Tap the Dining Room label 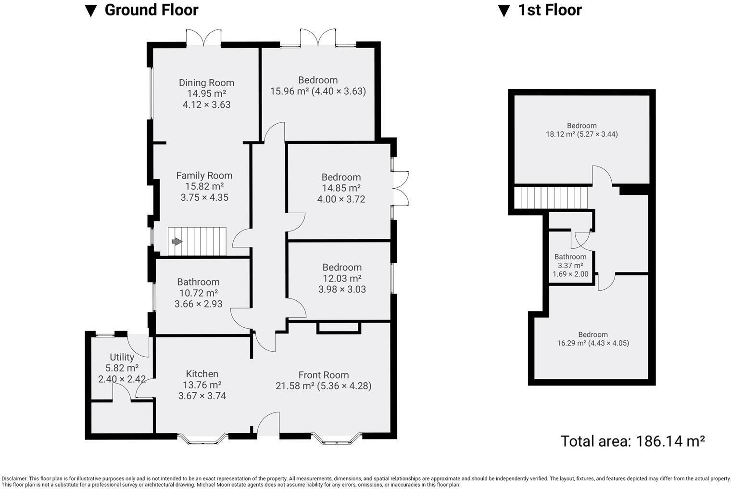point(206,83)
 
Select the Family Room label point(204,176)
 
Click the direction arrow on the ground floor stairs point(177,242)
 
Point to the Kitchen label point(202,374)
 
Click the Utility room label point(122,357)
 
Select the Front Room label point(323,375)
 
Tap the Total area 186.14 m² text point(632,441)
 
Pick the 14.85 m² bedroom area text point(341,188)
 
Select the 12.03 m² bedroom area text point(342,278)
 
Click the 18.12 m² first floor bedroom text point(581,134)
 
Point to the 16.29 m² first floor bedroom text point(592,343)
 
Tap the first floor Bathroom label point(570,257)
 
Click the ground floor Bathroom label point(198,282)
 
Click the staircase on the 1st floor point(551,198)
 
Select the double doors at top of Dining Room point(204,38)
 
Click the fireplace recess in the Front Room point(339,328)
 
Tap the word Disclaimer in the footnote point(14,478)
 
